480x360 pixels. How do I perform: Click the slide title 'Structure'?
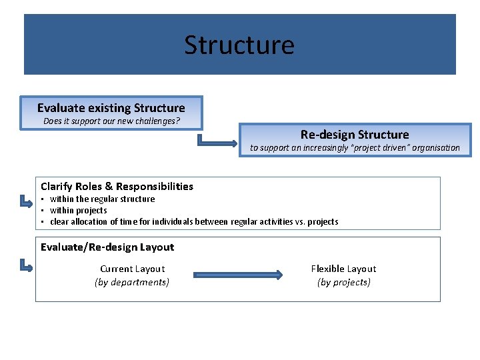[x=239, y=45]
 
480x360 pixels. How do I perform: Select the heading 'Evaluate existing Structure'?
[x=111, y=108]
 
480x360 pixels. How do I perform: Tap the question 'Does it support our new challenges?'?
[x=111, y=121]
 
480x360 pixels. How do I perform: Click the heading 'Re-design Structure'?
[x=355, y=135]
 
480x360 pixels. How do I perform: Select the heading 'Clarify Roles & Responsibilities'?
[x=117, y=187]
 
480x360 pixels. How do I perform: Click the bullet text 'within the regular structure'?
[x=102, y=199]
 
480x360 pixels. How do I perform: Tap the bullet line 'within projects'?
[x=78, y=210]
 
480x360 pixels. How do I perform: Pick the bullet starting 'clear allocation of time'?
[x=194, y=221]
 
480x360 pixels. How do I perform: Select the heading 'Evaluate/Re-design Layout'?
[x=107, y=247]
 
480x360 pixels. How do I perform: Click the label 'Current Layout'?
[x=132, y=269]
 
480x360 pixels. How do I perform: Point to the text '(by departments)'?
[x=132, y=282]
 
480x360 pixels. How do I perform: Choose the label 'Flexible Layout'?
[x=343, y=269]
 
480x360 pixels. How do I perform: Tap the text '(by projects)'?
[x=343, y=282]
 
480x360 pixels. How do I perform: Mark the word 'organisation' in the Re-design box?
[x=434, y=148]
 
